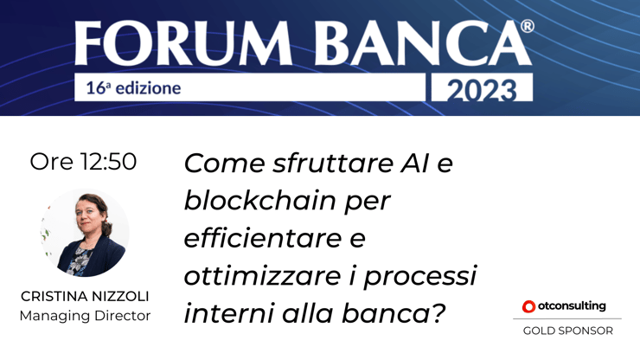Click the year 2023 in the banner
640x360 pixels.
[x=479, y=89]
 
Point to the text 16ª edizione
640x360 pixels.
[x=133, y=88]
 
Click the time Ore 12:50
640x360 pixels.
[x=83, y=162]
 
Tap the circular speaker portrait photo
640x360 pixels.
[x=85, y=233]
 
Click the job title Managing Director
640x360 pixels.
[x=85, y=316]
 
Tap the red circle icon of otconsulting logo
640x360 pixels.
[x=528, y=306]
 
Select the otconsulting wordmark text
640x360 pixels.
[x=572, y=305]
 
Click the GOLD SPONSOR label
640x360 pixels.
[x=567, y=331]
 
